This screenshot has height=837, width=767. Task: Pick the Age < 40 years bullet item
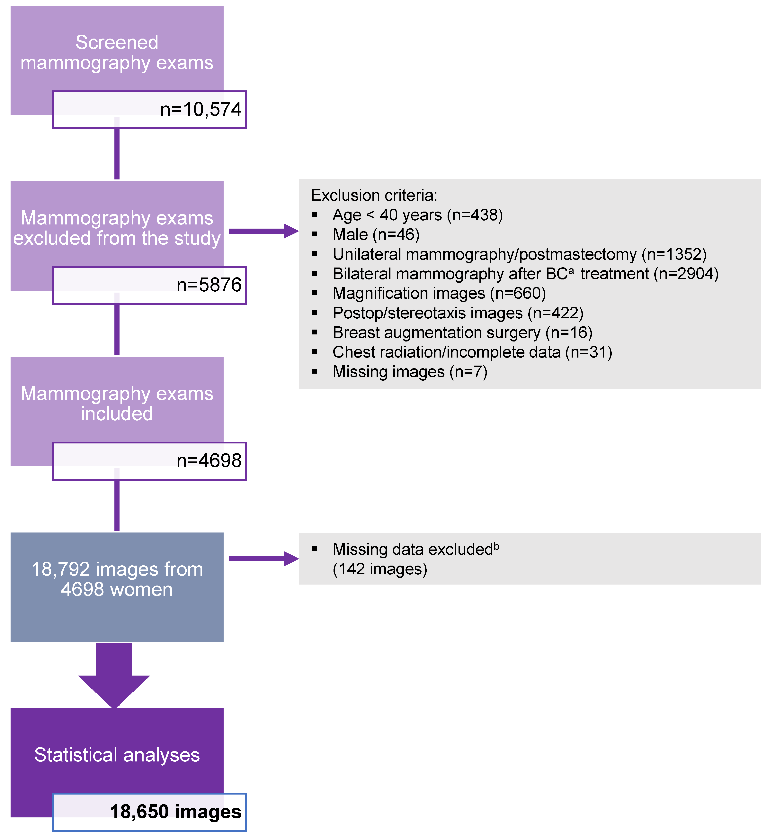tap(417, 215)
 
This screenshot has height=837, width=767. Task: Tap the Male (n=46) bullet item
tap(376, 235)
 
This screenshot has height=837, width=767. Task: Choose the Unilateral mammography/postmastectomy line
tap(520, 254)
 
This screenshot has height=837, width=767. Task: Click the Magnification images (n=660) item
tap(439, 293)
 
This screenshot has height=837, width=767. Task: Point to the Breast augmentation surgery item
tap(462, 332)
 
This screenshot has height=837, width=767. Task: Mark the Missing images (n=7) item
tap(410, 372)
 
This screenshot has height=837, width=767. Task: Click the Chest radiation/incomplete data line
tap(472, 352)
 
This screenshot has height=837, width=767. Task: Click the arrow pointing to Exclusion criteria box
tap(263, 231)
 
